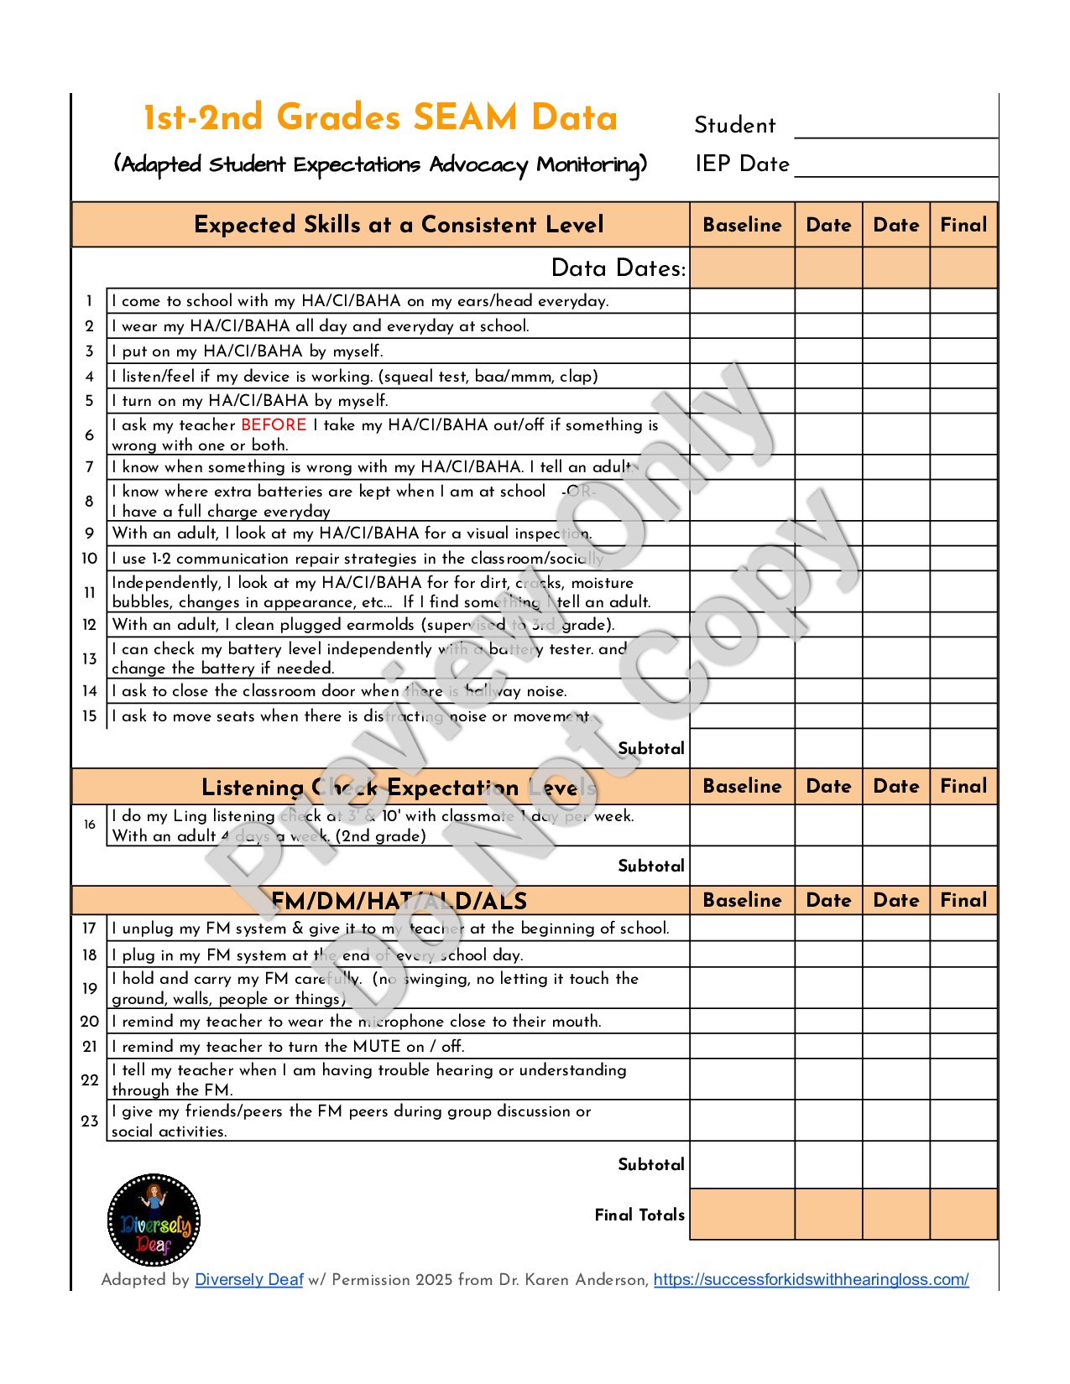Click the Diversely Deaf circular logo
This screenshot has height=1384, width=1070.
point(154,1220)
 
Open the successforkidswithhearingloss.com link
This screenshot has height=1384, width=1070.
point(811,1279)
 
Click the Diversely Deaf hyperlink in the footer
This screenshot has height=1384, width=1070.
point(248,1279)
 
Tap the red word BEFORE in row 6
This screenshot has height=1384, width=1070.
point(274,425)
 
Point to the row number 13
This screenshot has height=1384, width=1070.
point(90,658)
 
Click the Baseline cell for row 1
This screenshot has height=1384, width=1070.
point(742,301)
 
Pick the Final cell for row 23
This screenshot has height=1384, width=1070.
point(963,1121)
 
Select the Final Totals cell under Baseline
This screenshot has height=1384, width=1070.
point(742,1214)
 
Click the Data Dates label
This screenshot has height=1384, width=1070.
point(619,268)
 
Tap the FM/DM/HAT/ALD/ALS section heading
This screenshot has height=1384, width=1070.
point(399,901)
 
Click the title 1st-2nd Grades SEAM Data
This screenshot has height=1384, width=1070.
point(380,118)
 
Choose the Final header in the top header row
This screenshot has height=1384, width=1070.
point(963,225)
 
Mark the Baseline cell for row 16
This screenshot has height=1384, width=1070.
point(742,825)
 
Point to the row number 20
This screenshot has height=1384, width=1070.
point(90,1022)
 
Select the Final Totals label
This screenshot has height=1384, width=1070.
point(639,1215)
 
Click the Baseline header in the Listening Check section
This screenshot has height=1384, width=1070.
point(742,786)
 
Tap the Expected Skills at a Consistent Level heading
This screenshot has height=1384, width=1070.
point(399,225)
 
